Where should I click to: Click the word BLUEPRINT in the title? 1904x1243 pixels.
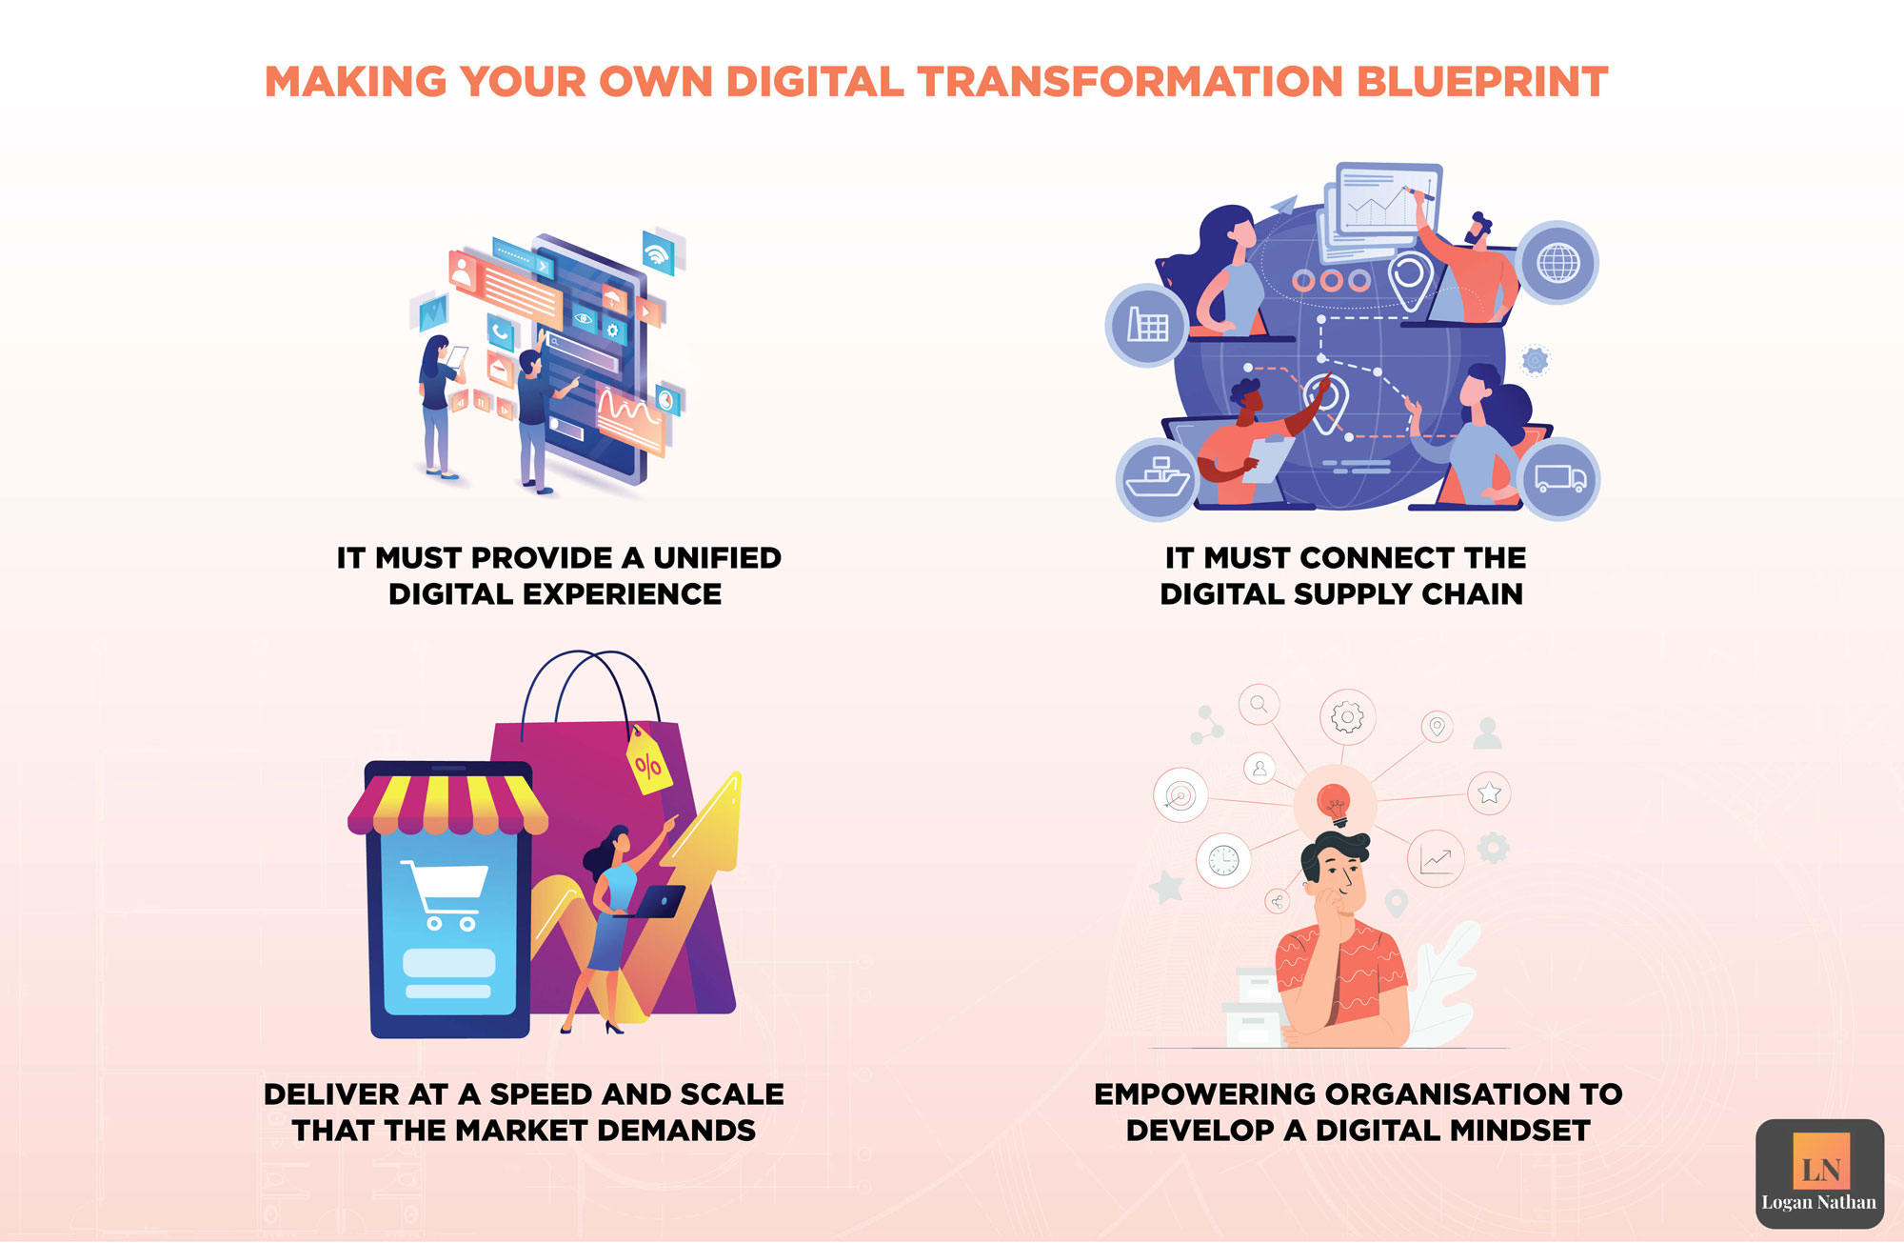tap(1481, 83)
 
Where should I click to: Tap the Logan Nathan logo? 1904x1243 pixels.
tap(1819, 1173)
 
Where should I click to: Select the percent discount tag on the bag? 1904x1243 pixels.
tap(647, 761)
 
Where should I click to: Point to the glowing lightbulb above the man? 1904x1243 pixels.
tap(1334, 803)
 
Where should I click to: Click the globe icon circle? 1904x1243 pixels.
tap(1557, 263)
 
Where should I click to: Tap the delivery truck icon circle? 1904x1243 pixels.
tap(1559, 478)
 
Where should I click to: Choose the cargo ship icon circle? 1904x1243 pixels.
tap(1157, 478)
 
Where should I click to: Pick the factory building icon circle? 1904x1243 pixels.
tap(1147, 325)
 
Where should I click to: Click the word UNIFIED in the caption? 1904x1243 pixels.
tap(717, 558)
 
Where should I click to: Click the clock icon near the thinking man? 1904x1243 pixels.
tap(1223, 860)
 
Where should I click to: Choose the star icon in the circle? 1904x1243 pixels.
tap(1489, 792)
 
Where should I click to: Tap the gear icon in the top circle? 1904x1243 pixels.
tap(1347, 716)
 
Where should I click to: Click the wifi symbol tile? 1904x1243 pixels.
tap(658, 252)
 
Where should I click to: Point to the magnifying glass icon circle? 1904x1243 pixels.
tap(1259, 705)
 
